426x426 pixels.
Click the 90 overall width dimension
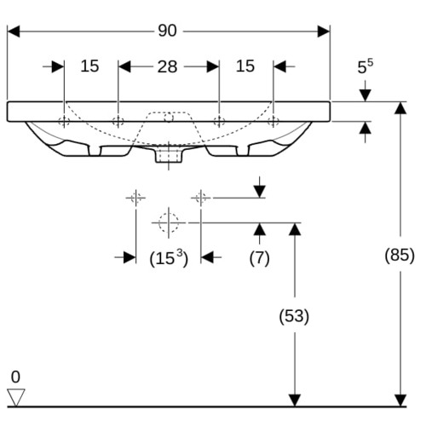[x=167, y=31]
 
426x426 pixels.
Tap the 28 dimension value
[x=167, y=67]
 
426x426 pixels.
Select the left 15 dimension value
[x=89, y=66]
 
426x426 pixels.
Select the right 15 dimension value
[x=245, y=66]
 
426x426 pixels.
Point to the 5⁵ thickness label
[x=366, y=66]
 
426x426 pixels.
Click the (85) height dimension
[x=400, y=255]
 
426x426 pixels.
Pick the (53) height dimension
[x=294, y=316]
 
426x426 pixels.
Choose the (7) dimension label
[x=259, y=258]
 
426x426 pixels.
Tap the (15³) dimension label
[x=169, y=258]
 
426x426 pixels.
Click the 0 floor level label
[x=15, y=377]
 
